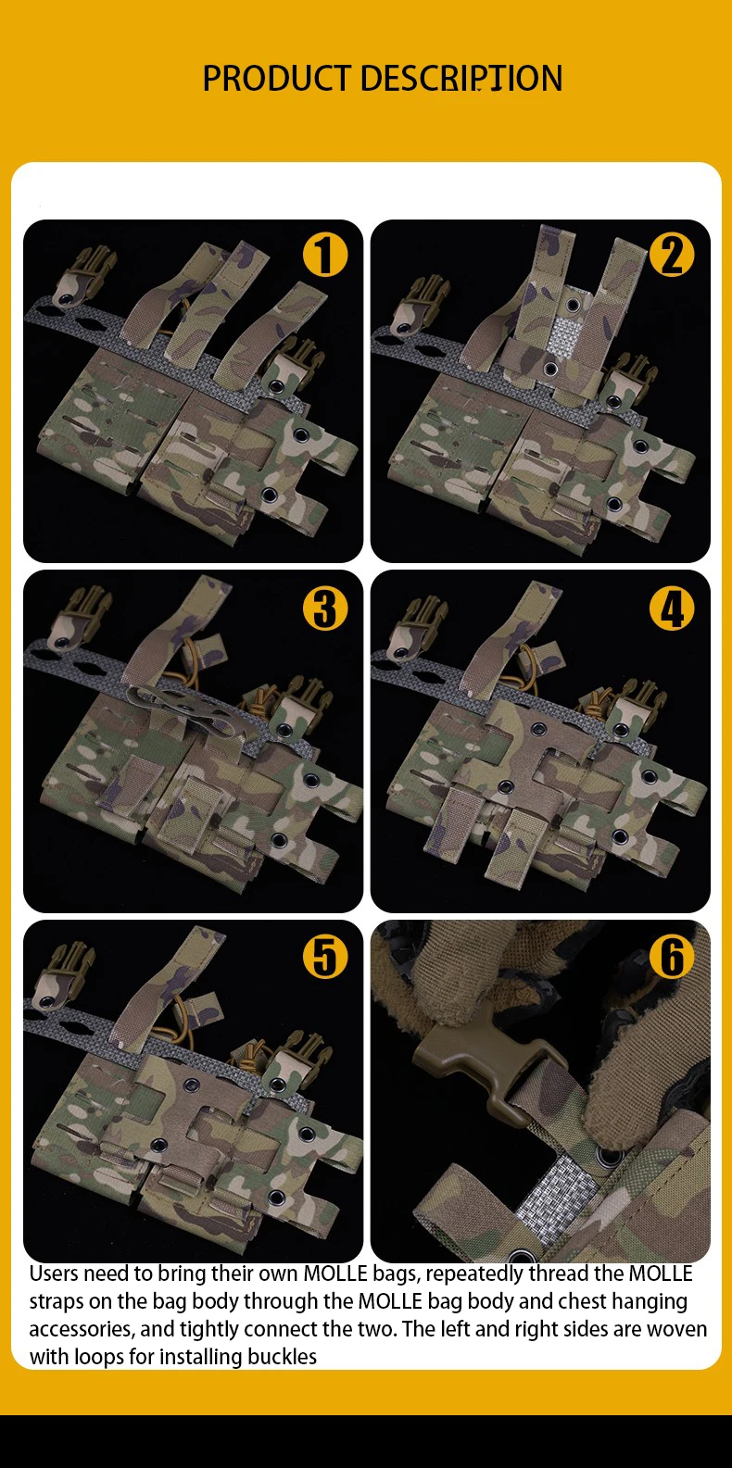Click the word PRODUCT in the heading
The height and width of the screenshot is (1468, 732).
[x=276, y=79]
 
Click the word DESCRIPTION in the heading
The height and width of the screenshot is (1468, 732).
[x=461, y=79]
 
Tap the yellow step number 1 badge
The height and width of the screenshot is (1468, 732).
[x=325, y=255]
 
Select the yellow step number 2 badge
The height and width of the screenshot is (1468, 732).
[x=672, y=255]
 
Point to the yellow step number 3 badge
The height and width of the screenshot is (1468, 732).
[x=325, y=609]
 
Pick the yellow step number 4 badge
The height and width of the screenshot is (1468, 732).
[x=672, y=609]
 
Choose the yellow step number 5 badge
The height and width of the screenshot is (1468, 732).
[x=325, y=957]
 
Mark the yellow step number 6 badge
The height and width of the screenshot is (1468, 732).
[x=672, y=957]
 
